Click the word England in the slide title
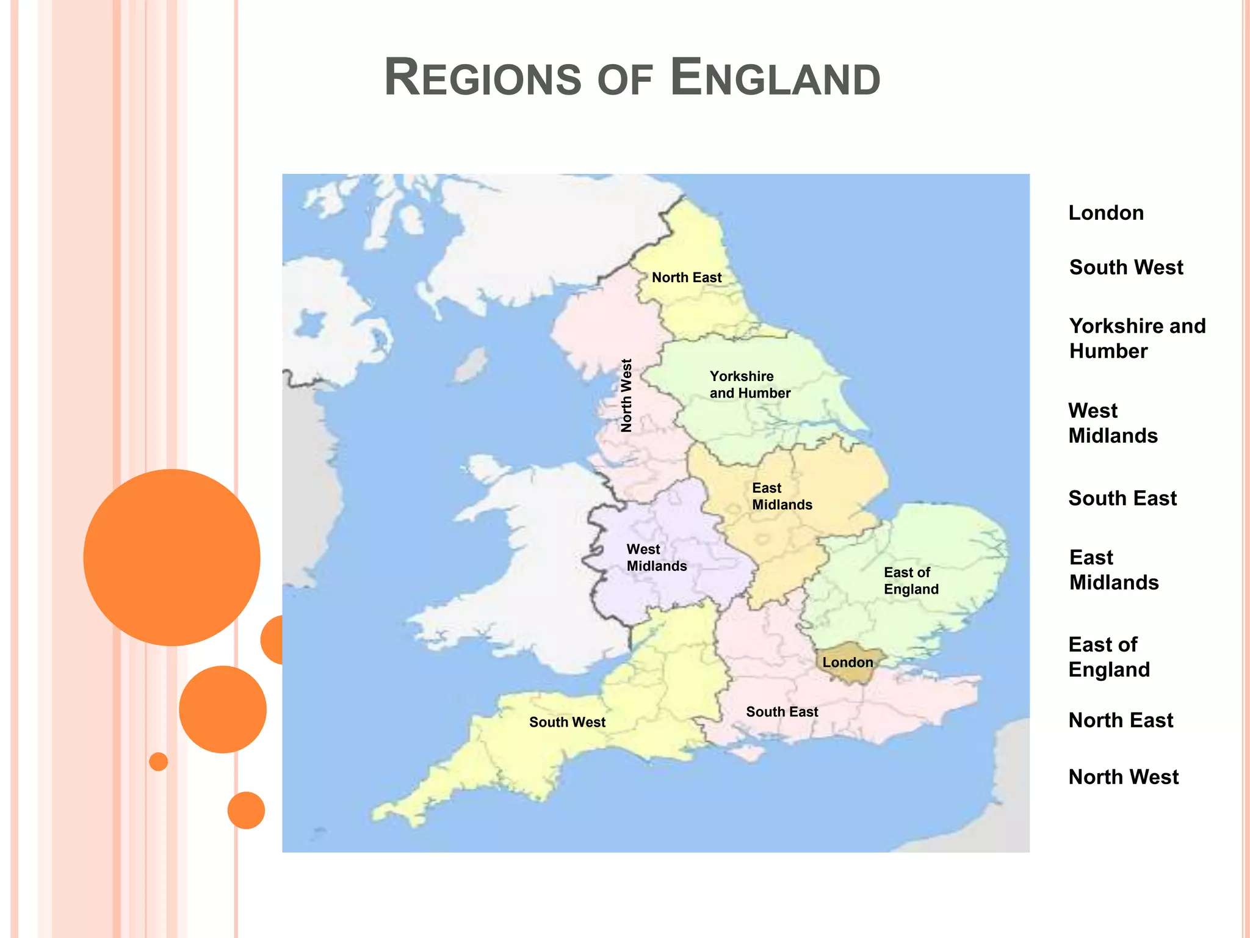pyautogui.click(x=775, y=78)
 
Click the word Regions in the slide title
pyautogui.click(x=482, y=78)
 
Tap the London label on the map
pyautogui.click(x=847, y=662)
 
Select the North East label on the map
pyautogui.click(x=687, y=277)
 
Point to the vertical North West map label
pyautogui.click(x=626, y=396)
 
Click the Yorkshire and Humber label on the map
pyautogui.click(x=750, y=385)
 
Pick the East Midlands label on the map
pyautogui.click(x=782, y=496)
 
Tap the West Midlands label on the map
pyautogui.click(x=657, y=558)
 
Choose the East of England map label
pyautogui.click(x=911, y=581)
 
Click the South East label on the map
pyautogui.click(x=782, y=711)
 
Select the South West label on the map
pyautogui.click(x=567, y=722)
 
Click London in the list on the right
pyautogui.click(x=1106, y=213)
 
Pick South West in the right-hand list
pyautogui.click(x=1126, y=267)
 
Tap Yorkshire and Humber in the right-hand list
pyautogui.click(x=1137, y=338)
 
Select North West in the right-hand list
pyautogui.click(x=1124, y=777)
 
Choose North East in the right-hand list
pyautogui.click(x=1121, y=720)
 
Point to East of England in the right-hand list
pyautogui.click(x=1109, y=657)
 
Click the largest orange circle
pyautogui.click(x=172, y=557)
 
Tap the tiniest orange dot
pyautogui.click(x=159, y=762)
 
